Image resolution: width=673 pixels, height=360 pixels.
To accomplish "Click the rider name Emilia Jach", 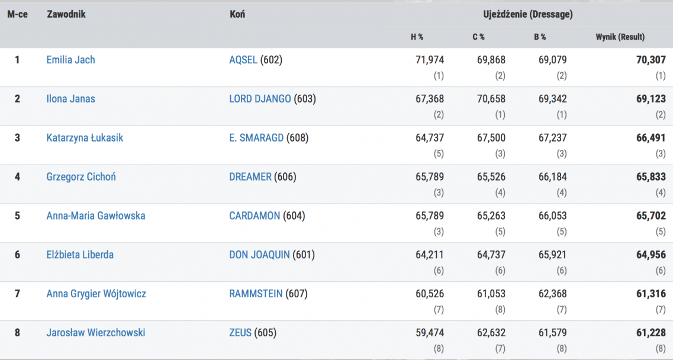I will point(70,60).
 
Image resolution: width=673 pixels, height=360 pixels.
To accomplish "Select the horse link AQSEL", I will point(243,60).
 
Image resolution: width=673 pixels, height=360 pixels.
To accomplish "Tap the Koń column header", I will point(237,14).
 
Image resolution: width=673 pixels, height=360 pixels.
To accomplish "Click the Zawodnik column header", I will point(66,14).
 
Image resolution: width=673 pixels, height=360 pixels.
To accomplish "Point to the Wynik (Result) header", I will point(620,37).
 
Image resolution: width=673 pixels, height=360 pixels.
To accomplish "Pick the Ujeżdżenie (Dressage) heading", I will point(527,14).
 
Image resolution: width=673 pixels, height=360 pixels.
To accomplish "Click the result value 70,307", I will point(651,60).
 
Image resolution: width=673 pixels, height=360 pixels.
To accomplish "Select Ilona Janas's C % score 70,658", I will point(491,99).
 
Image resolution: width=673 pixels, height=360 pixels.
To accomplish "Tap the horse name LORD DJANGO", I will point(260,99).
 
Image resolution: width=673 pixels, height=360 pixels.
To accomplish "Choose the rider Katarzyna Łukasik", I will point(85,138).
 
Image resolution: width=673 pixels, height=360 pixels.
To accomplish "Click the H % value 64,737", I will point(430,138).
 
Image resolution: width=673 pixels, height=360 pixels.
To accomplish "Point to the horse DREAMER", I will point(250,176).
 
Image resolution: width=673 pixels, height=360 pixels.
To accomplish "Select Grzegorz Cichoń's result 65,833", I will point(651,176).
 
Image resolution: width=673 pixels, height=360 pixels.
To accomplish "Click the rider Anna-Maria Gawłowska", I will point(95,216).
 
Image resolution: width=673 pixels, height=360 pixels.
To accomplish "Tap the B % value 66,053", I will point(552,216).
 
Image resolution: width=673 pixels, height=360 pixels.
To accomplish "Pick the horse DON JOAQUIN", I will point(259,255).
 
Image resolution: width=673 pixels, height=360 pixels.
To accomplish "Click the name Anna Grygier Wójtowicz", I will point(96,294).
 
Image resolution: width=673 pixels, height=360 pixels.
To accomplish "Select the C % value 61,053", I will point(491,294).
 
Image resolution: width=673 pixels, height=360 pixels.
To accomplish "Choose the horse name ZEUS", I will point(240,333).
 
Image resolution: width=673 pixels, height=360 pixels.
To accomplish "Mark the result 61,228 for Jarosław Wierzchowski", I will point(651,333).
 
